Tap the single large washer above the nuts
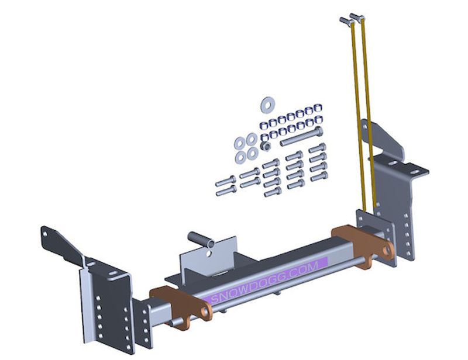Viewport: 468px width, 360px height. pyautogui.click(x=267, y=105)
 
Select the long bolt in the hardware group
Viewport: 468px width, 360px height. pyautogui.click(x=301, y=137)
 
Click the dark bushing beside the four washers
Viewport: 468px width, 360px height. pyautogui.click(x=266, y=146)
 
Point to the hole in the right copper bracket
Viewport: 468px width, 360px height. pyautogui.click(x=387, y=250)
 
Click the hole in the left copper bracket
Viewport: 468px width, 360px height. pyautogui.click(x=205, y=312)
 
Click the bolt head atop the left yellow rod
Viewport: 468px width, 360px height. pyautogui.click(x=346, y=21)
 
